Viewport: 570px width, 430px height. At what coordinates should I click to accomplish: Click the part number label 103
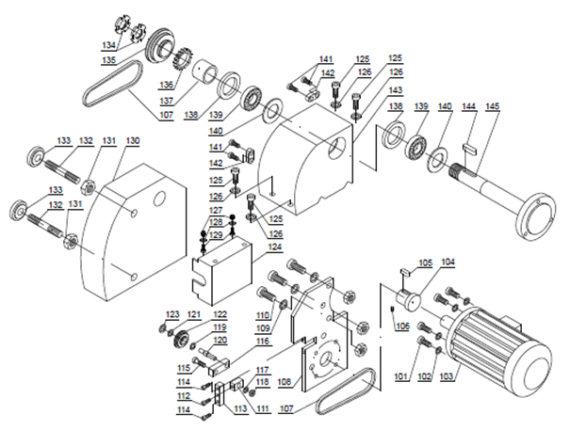(x=448, y=376)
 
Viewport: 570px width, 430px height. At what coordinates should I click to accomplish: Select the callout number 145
(x=492, y=106)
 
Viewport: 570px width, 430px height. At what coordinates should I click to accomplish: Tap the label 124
(x=275, y=247)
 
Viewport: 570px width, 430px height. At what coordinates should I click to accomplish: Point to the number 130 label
(x=132, y=140)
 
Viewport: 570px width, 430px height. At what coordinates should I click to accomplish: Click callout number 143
(x=396, y=89)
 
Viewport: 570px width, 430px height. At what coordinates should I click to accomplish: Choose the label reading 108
(x=285, y=382)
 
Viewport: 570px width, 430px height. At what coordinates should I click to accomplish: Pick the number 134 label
(x=108, y=45)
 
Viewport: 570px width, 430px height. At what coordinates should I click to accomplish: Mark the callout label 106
(x=402, y=326)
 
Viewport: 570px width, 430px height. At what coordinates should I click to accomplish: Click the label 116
(x=263, y=341)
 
